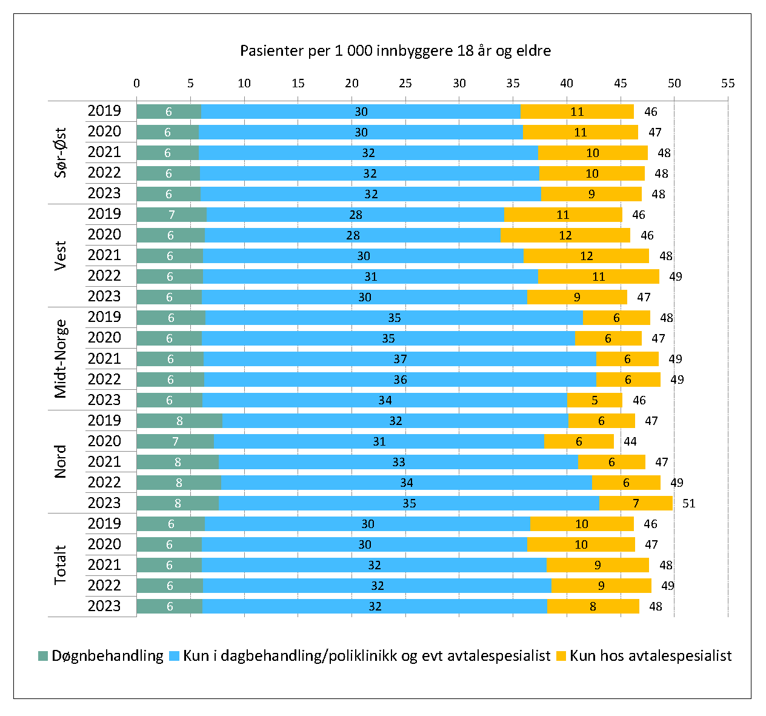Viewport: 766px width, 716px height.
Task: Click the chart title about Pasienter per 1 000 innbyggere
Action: pyautogui.click(x=395, y=50)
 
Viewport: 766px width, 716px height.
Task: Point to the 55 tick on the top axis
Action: pyautogui.click(x=728, y=83)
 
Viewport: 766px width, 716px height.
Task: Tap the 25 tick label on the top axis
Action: pyautogui.click(x=405, y=83)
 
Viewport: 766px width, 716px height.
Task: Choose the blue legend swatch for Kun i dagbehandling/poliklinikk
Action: pyautogui.click(x=175, y=656)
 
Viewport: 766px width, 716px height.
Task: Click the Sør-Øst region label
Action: pyautogui.click(x=61, y=152)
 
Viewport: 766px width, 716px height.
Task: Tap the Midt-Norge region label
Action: pyautogui.click(x=61, y=358)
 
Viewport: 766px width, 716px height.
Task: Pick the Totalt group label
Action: pyautogui.click(x=61, y=564)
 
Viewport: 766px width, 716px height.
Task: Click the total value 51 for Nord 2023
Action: pyautogui.click(x=688, y=503)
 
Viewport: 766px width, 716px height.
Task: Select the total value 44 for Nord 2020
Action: pyautogui.click(x=630, y=441)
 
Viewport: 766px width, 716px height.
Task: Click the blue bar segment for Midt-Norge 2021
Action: pyautogui.click(x=399, y=359)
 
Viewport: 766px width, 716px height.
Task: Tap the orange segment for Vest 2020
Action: pyautogui.click(x=565, y=235)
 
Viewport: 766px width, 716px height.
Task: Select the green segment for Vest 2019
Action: pyautogui.click(x=172, y=215)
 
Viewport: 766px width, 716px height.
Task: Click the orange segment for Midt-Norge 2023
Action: pyautogui.click(x=594, y=400)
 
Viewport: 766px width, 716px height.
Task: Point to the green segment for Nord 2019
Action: pyautogui.click(x=179, y=421)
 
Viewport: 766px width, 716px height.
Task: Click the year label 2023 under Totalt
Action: pyautogui.click(x=104, y=606)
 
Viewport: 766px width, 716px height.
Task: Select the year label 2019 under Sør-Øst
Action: pyautogui.click(x=104, y=111)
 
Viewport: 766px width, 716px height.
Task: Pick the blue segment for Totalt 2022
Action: pyautogui.click(x=377, y=586)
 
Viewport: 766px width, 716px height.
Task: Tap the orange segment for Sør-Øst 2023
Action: pyautogui.click(x=591, y=194)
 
